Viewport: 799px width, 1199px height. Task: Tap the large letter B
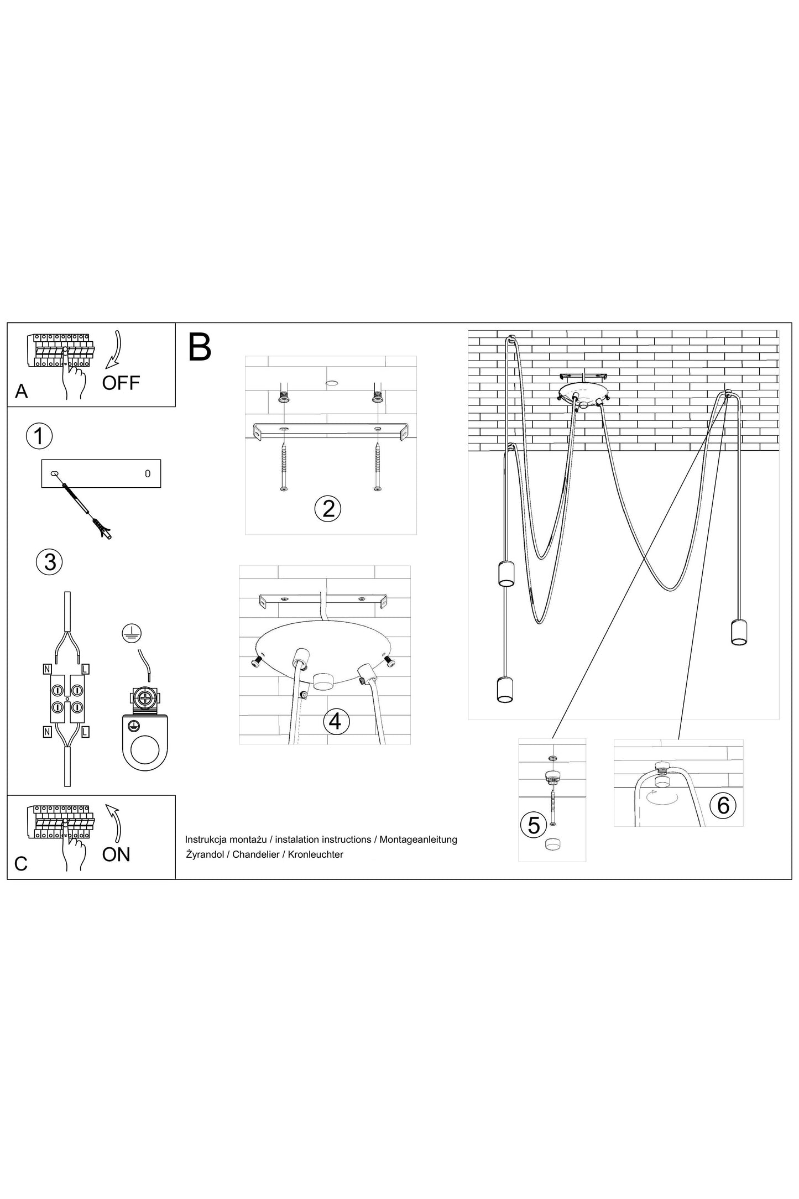coord(200,347)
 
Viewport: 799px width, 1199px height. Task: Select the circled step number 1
coord(39,436)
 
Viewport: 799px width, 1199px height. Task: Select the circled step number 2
coord(328,508)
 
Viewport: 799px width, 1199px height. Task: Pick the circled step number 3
coord(49,562)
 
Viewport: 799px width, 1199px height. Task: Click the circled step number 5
coord(534,825)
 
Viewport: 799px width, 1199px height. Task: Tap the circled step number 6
coord(723,806)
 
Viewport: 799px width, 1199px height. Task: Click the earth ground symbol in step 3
coord(132,634)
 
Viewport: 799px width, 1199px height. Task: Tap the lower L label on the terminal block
coord(85,732)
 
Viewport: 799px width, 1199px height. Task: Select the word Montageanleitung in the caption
coord(419,840)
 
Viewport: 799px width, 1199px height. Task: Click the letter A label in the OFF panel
coord(21,392)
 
